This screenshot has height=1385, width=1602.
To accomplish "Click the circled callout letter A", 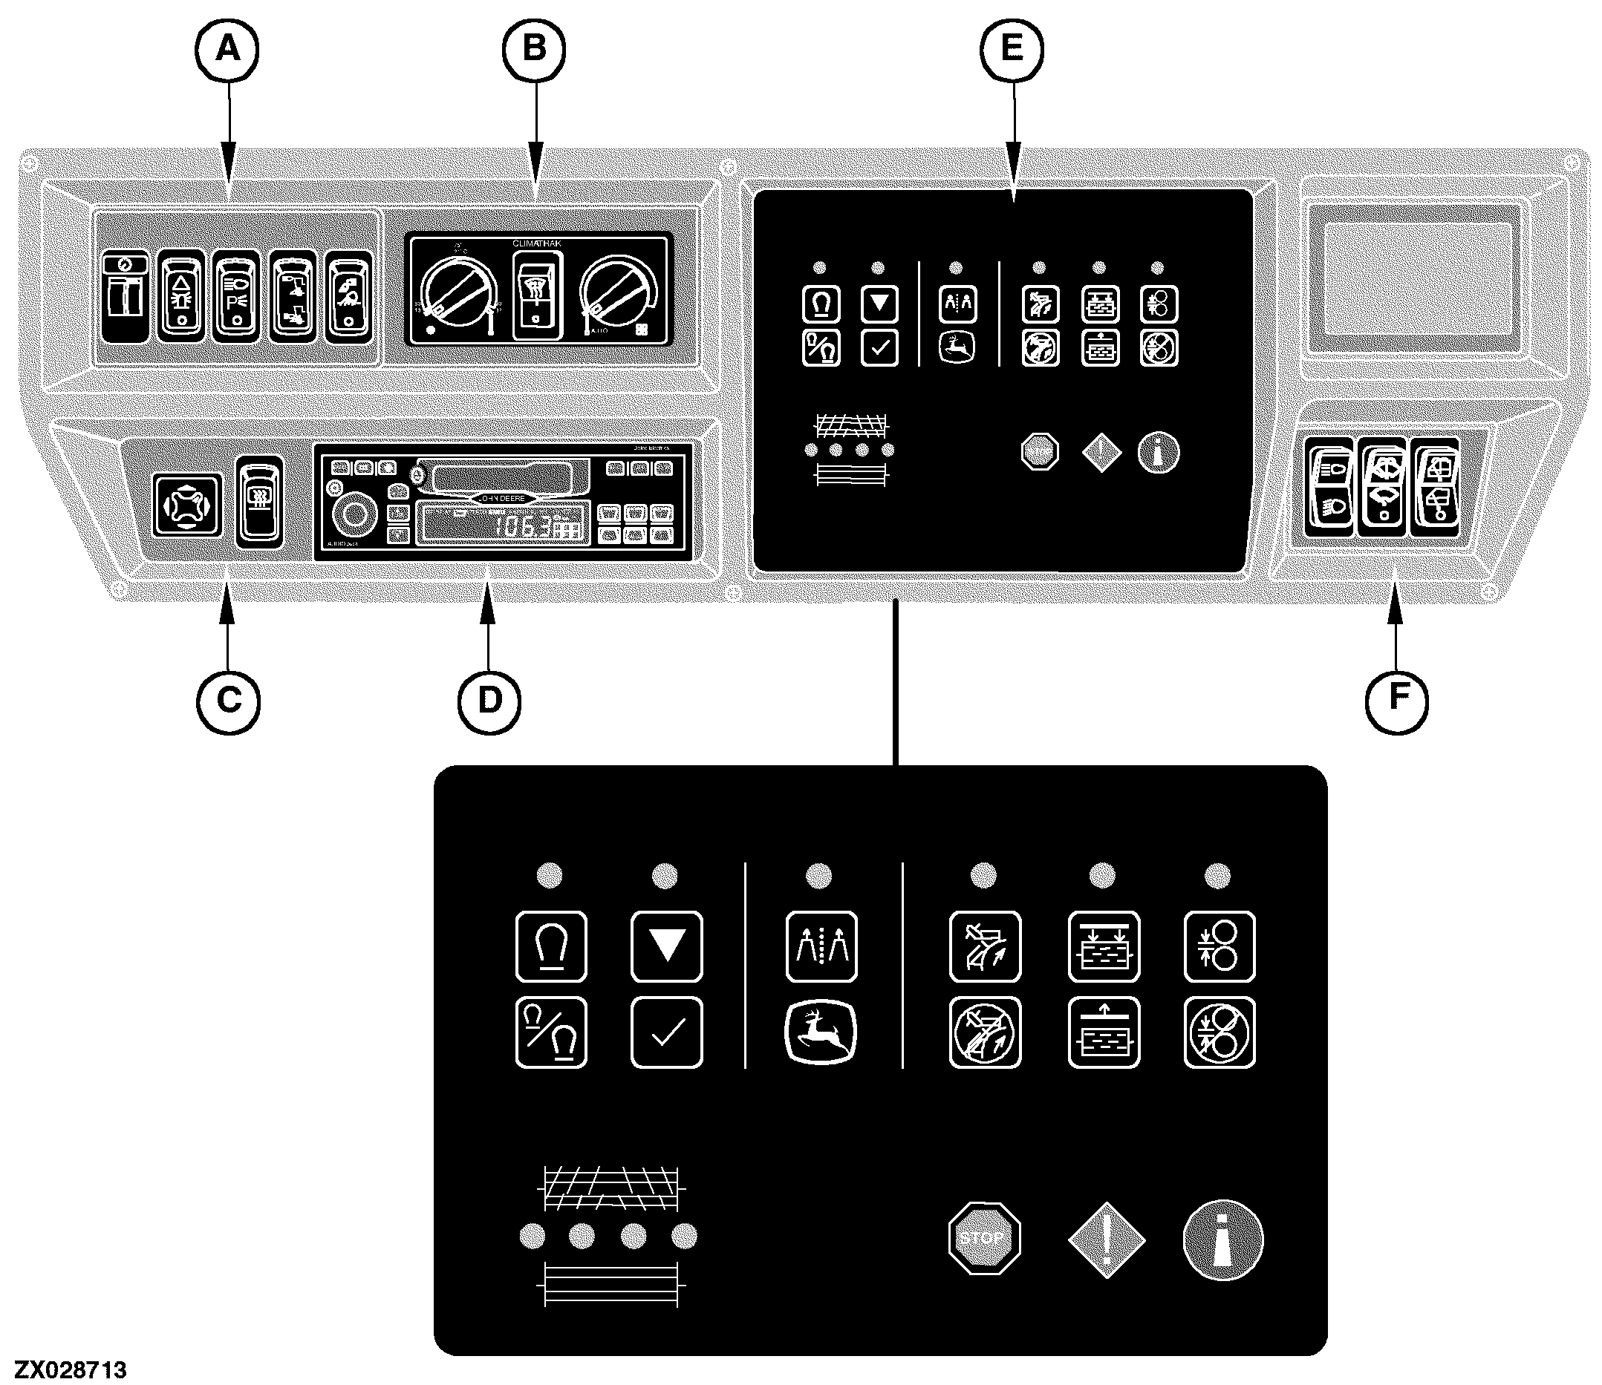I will pyautogui.click(x=227, y=50).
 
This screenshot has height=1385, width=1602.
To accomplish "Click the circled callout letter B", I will pyautogui.click(x=534, y=50).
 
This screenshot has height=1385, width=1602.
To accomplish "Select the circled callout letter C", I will pyautogui.click(x=228, y=701).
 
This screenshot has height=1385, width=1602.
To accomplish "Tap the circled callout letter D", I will pyautogui.click(x=489, y=701).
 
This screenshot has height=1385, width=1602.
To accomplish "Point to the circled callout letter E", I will pyautogui.click(x=1012, y=50).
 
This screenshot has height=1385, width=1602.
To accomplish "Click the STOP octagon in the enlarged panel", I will pyautogui.click(x=983, y=1238).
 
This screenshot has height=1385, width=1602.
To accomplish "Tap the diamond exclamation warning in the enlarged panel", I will pyautogui.click(x=1106, y=1240).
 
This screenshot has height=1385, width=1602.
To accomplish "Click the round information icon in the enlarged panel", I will pyautogui.click(x=1222, y=1240).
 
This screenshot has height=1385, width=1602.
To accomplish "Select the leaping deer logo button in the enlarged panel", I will pyautogui.click(x=821, y=1032).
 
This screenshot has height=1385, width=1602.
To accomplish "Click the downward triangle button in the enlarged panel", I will pyautogui.click(x=666, y=947).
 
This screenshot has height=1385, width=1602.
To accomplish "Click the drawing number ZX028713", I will pyautogui.click(x=71, y=1370).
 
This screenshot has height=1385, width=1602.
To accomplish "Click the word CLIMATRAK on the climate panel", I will pyautogui.click(x=536, y=243).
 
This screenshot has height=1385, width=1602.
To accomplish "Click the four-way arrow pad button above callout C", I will pyautogui.click(x=187, y=505).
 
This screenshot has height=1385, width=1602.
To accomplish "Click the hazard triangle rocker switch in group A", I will pyautogui.click(x=182, y=296).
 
